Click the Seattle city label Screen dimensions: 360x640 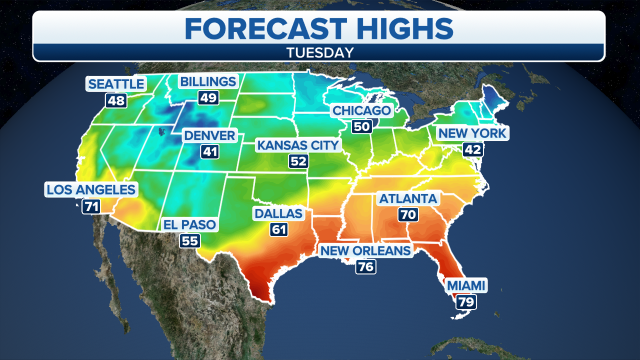click(116, 84)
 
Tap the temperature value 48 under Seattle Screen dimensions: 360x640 click(116, 100)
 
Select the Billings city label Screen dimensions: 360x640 click(208, 81)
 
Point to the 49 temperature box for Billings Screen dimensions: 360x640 click(208, 97)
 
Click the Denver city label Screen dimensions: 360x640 click(209, 135)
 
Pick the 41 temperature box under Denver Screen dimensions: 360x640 click(210, 152)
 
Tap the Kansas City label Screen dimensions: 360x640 click(298, 145)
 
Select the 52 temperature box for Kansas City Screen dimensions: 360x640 click(298, 161)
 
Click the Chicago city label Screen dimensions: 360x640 click(361, 110)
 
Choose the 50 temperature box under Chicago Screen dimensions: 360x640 click(361, 126)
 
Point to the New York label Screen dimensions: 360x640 click(472, 133)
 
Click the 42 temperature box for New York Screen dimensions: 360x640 click(472, 149)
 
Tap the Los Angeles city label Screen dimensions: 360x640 click(91, 189)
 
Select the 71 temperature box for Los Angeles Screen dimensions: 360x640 click(91, 206)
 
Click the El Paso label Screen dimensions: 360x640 click(189, 224)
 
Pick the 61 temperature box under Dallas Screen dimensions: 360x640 click(279, 229)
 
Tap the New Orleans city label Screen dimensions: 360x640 click(365, 250)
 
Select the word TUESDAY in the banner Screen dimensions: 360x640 click(319, 52)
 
